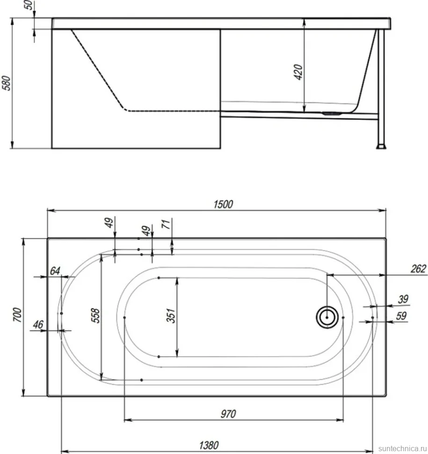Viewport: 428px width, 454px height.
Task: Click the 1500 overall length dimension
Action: [x=223, y=205]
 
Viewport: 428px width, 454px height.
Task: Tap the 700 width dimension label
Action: [x=17, y=315]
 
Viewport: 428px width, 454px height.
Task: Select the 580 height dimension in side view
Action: [x=6, y=83]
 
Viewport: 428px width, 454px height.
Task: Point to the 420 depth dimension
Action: [x=298, y=72]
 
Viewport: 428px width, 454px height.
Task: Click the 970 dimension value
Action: [x=228, y=414]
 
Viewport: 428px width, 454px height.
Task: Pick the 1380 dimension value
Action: [x=209, y=445]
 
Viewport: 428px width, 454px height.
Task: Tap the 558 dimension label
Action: [x=95, y=315]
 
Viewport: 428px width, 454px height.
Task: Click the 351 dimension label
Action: [x=171, y=315]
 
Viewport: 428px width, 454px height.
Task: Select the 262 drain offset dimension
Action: [x=419, y=269]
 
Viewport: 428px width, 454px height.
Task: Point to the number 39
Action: [x=403, y=299]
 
